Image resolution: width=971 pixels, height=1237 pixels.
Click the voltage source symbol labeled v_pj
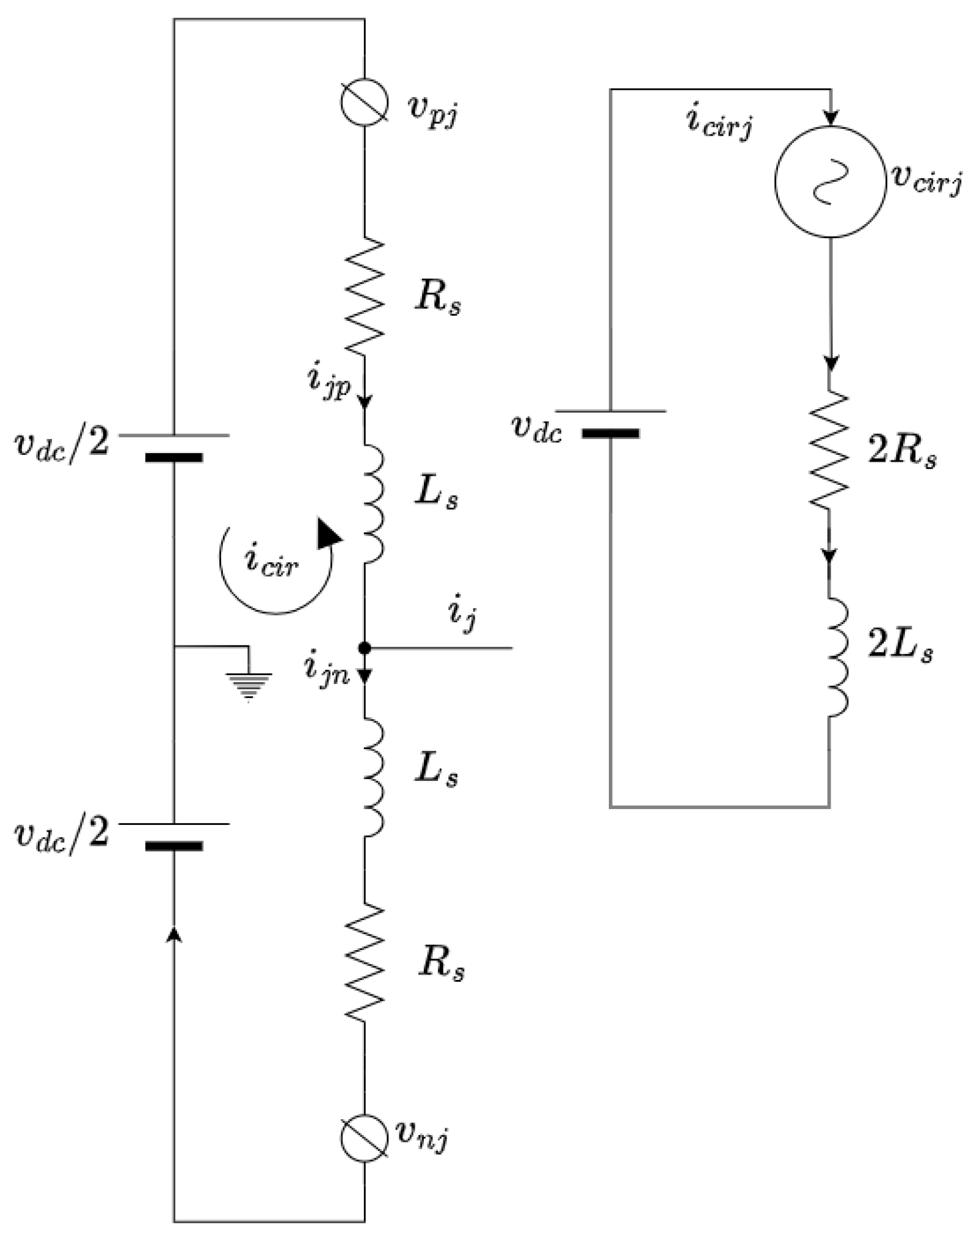pyautogui.click(x=365, y=103)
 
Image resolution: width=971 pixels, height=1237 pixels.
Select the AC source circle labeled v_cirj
pyautogui.click(x=830, y=182)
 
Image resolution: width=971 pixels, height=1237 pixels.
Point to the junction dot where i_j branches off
pyautogui.click(x=365, y=648)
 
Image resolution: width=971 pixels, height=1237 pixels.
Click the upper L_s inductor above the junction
pyautogui.click(x=373, y=504)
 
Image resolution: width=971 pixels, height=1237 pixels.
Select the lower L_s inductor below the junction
pyautogui.click(x=373, y=777)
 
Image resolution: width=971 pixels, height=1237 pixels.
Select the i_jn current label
pyautogui.click(x=327, y=670)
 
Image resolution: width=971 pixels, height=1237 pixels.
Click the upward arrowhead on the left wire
pyautogui.click(x=175, y=934)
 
